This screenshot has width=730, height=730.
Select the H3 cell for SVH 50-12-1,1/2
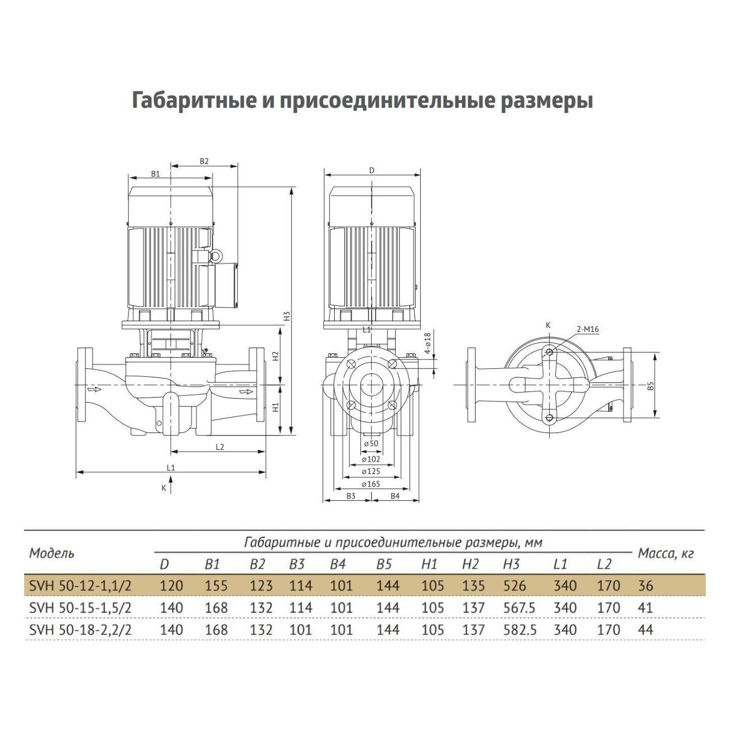coord(514,586)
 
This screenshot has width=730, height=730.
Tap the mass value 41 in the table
coord(646,608)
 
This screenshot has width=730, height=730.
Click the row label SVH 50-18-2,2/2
coord(80,629)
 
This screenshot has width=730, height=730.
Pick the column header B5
coord(384,564)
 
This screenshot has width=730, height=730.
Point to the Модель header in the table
coord(52,553)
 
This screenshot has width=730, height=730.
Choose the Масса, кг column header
coord(666,554)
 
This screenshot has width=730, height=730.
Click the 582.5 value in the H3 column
coord(519,629)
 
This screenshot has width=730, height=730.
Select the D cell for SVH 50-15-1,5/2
coord(171,608)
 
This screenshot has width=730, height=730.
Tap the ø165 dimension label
coord(371,483)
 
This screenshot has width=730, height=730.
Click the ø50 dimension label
coord(371,444)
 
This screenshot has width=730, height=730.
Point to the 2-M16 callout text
coord(587,330)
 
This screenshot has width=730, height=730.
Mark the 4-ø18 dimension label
coord(427,343)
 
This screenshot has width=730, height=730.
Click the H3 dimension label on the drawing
coord(286,316)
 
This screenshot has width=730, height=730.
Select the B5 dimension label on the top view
coord(650,386)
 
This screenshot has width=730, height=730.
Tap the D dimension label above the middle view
coord(372,170)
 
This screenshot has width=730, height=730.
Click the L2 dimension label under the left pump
coord(220,446)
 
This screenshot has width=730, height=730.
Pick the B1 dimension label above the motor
coord(156,174)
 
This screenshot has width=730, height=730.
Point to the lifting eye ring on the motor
coord(214,257)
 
